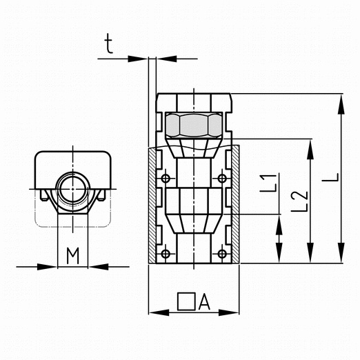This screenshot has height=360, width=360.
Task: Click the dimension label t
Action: pos(108,43)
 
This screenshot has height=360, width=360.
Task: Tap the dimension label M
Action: pos(73,256)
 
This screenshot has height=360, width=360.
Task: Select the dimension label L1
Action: pos(268,183)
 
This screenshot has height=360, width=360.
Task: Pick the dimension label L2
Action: pos(299,201)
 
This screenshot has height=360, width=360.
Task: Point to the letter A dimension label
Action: pos(204,302)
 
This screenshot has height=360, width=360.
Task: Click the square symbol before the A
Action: pos(186,301)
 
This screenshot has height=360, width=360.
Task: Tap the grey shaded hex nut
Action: pos(194,125)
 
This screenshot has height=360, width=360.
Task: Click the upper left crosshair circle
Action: pos(166,178)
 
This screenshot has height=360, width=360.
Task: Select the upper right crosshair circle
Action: pos(222,178)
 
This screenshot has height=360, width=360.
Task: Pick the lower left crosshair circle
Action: pos(166,254)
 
